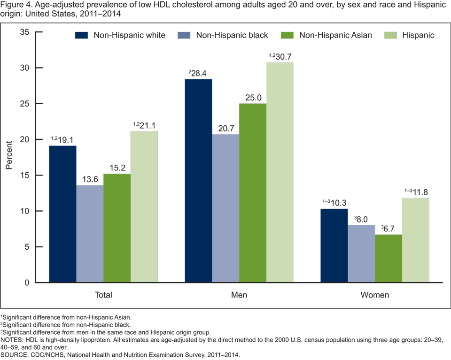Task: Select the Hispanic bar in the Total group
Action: coord(144,207)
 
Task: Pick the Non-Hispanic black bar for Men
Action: coord(225,208)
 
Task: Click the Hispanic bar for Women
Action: coord(416,240)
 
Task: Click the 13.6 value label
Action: coord(90,179)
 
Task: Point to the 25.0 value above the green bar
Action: coord(253,97)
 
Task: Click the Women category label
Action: coord(374,296)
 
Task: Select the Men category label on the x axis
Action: coord(239,296)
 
